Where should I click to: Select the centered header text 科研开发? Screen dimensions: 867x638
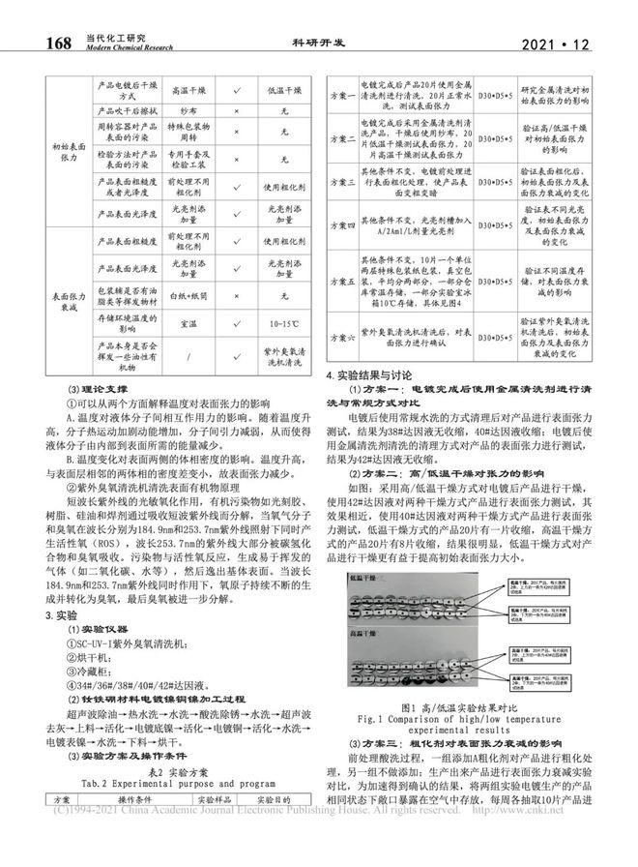pyautogui.click(x=318, y=43)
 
